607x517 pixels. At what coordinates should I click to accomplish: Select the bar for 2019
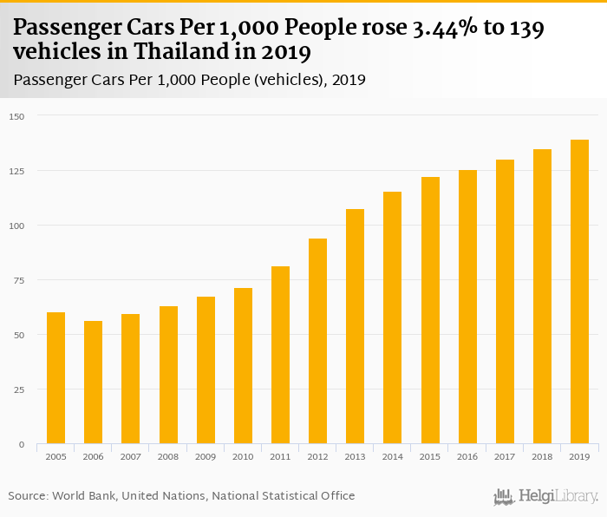coord(579,291)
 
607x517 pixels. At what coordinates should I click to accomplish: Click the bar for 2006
coord(93,383)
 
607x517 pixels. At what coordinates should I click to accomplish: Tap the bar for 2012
coord(317,341)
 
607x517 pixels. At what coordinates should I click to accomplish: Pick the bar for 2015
coord(430,311)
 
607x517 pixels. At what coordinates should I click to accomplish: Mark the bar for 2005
coord(55,378)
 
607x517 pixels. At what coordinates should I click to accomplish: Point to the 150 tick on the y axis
coord(17,116)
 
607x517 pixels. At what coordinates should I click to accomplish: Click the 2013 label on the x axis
coord(355,456)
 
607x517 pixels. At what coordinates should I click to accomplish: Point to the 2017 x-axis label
coord(505,456)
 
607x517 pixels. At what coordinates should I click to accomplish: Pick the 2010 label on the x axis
coord(243,456)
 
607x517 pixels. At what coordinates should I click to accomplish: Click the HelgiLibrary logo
coord(545,496)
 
